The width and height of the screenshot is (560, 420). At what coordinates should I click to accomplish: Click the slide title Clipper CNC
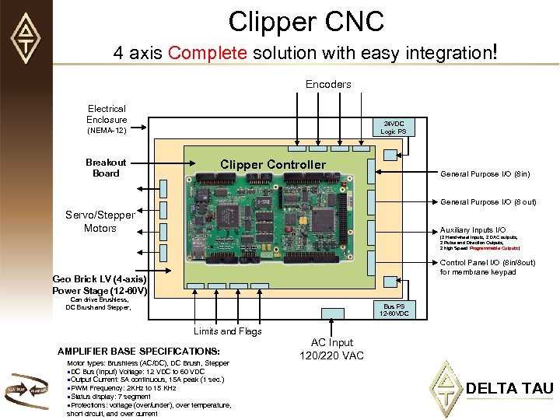tap(306, 22)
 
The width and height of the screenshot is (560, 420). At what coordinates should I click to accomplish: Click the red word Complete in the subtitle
tap(207, 54)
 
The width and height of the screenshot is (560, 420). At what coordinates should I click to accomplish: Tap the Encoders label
tap(328, 84)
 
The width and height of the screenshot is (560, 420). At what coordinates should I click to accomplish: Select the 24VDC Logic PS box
tap(392, 128)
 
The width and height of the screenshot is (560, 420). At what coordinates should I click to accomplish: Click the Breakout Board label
tap(107, 168)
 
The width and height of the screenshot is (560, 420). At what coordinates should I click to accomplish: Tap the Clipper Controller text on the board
tap(273, 164)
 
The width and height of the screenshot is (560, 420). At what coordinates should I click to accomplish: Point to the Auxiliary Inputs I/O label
tap(472, 230)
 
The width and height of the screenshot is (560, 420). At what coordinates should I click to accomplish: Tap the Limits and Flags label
tap(228, 331)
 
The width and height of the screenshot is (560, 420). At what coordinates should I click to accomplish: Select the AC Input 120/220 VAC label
tap(332, 349)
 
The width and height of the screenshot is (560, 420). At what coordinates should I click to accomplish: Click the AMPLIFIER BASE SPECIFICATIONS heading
tap(138, 352)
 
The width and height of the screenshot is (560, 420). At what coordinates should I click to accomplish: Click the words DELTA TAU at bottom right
tap(509, 387)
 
